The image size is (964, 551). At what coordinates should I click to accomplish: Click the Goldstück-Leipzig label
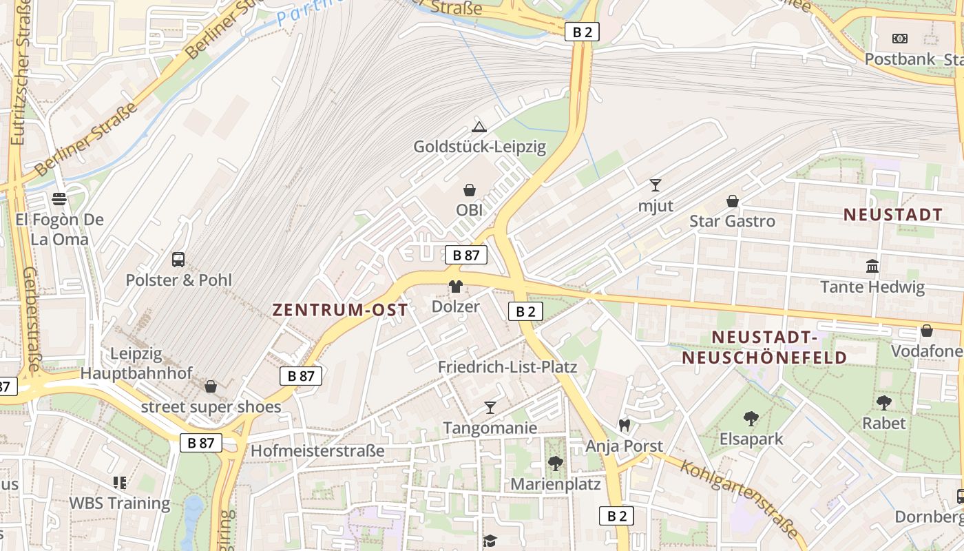[x=479, y=147]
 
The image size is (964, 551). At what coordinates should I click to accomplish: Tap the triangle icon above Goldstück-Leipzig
[x=479, y=127]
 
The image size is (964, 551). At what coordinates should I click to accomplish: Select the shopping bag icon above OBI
[x=469, y=189]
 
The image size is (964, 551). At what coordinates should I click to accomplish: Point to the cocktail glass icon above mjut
[x=655, y=185]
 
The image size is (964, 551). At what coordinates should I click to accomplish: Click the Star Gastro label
[x=732, y=221]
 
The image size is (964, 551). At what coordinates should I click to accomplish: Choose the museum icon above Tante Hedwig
[x=872, y=266]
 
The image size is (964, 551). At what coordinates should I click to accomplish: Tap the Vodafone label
[x=927, y=351]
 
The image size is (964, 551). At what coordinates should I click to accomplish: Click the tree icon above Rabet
[x=884, y=402]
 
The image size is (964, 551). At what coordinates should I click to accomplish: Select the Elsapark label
[x=751, y=439]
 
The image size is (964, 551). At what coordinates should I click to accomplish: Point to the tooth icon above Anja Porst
[x=625, y=426]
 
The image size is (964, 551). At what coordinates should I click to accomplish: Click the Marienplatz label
[x=555, y=484]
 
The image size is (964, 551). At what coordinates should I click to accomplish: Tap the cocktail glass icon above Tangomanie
[x=490, y=408]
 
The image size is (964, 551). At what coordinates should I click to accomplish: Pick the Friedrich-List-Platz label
[x=507, y=366]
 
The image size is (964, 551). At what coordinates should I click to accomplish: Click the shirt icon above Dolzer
[x=455, y=287]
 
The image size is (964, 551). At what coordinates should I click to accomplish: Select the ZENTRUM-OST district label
[x=340, y=310]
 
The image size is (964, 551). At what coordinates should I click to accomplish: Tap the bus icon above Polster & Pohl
[x=178, y=260]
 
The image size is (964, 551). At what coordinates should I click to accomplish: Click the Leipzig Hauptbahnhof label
[x=136, y=364]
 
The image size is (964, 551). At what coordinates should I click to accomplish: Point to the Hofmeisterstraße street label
[x=317, y=451]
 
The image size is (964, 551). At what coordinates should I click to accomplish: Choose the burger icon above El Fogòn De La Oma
[x=59, y=199]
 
